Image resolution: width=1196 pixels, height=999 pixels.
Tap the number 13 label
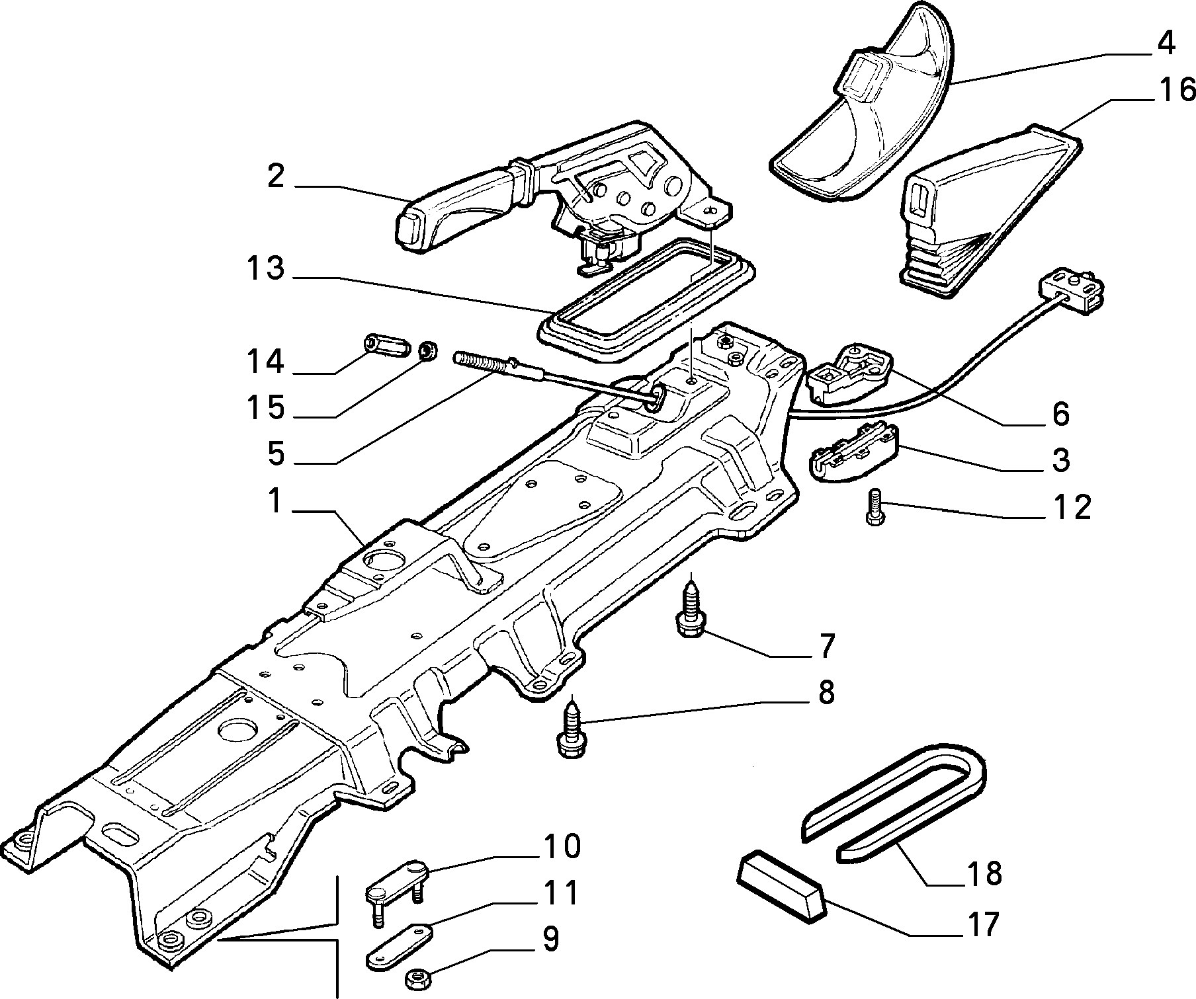point(266,269)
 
